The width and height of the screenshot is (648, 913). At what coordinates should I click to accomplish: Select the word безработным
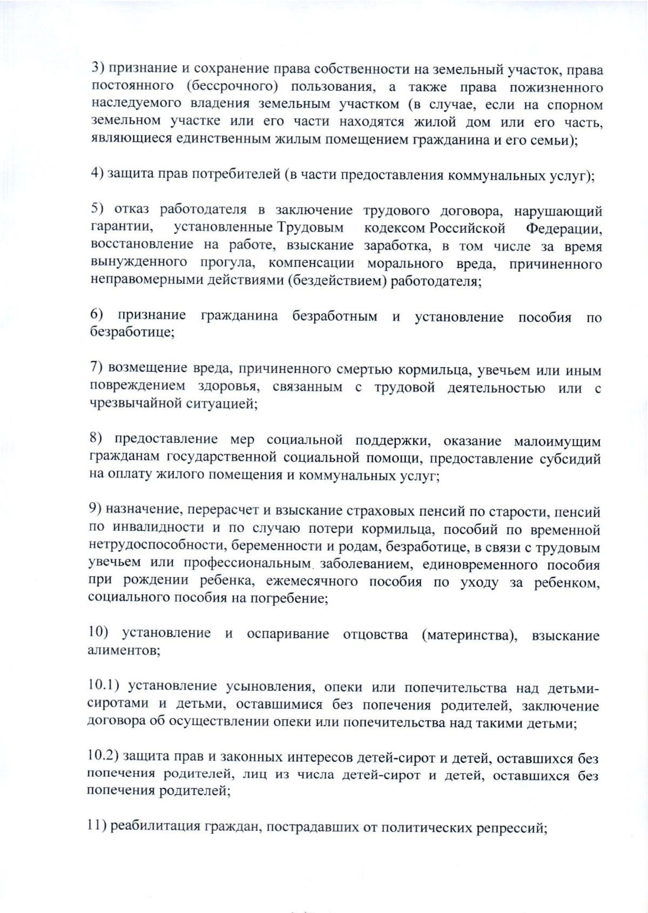point(335,316)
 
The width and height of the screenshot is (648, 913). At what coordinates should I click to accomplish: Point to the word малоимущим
point(556,441)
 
